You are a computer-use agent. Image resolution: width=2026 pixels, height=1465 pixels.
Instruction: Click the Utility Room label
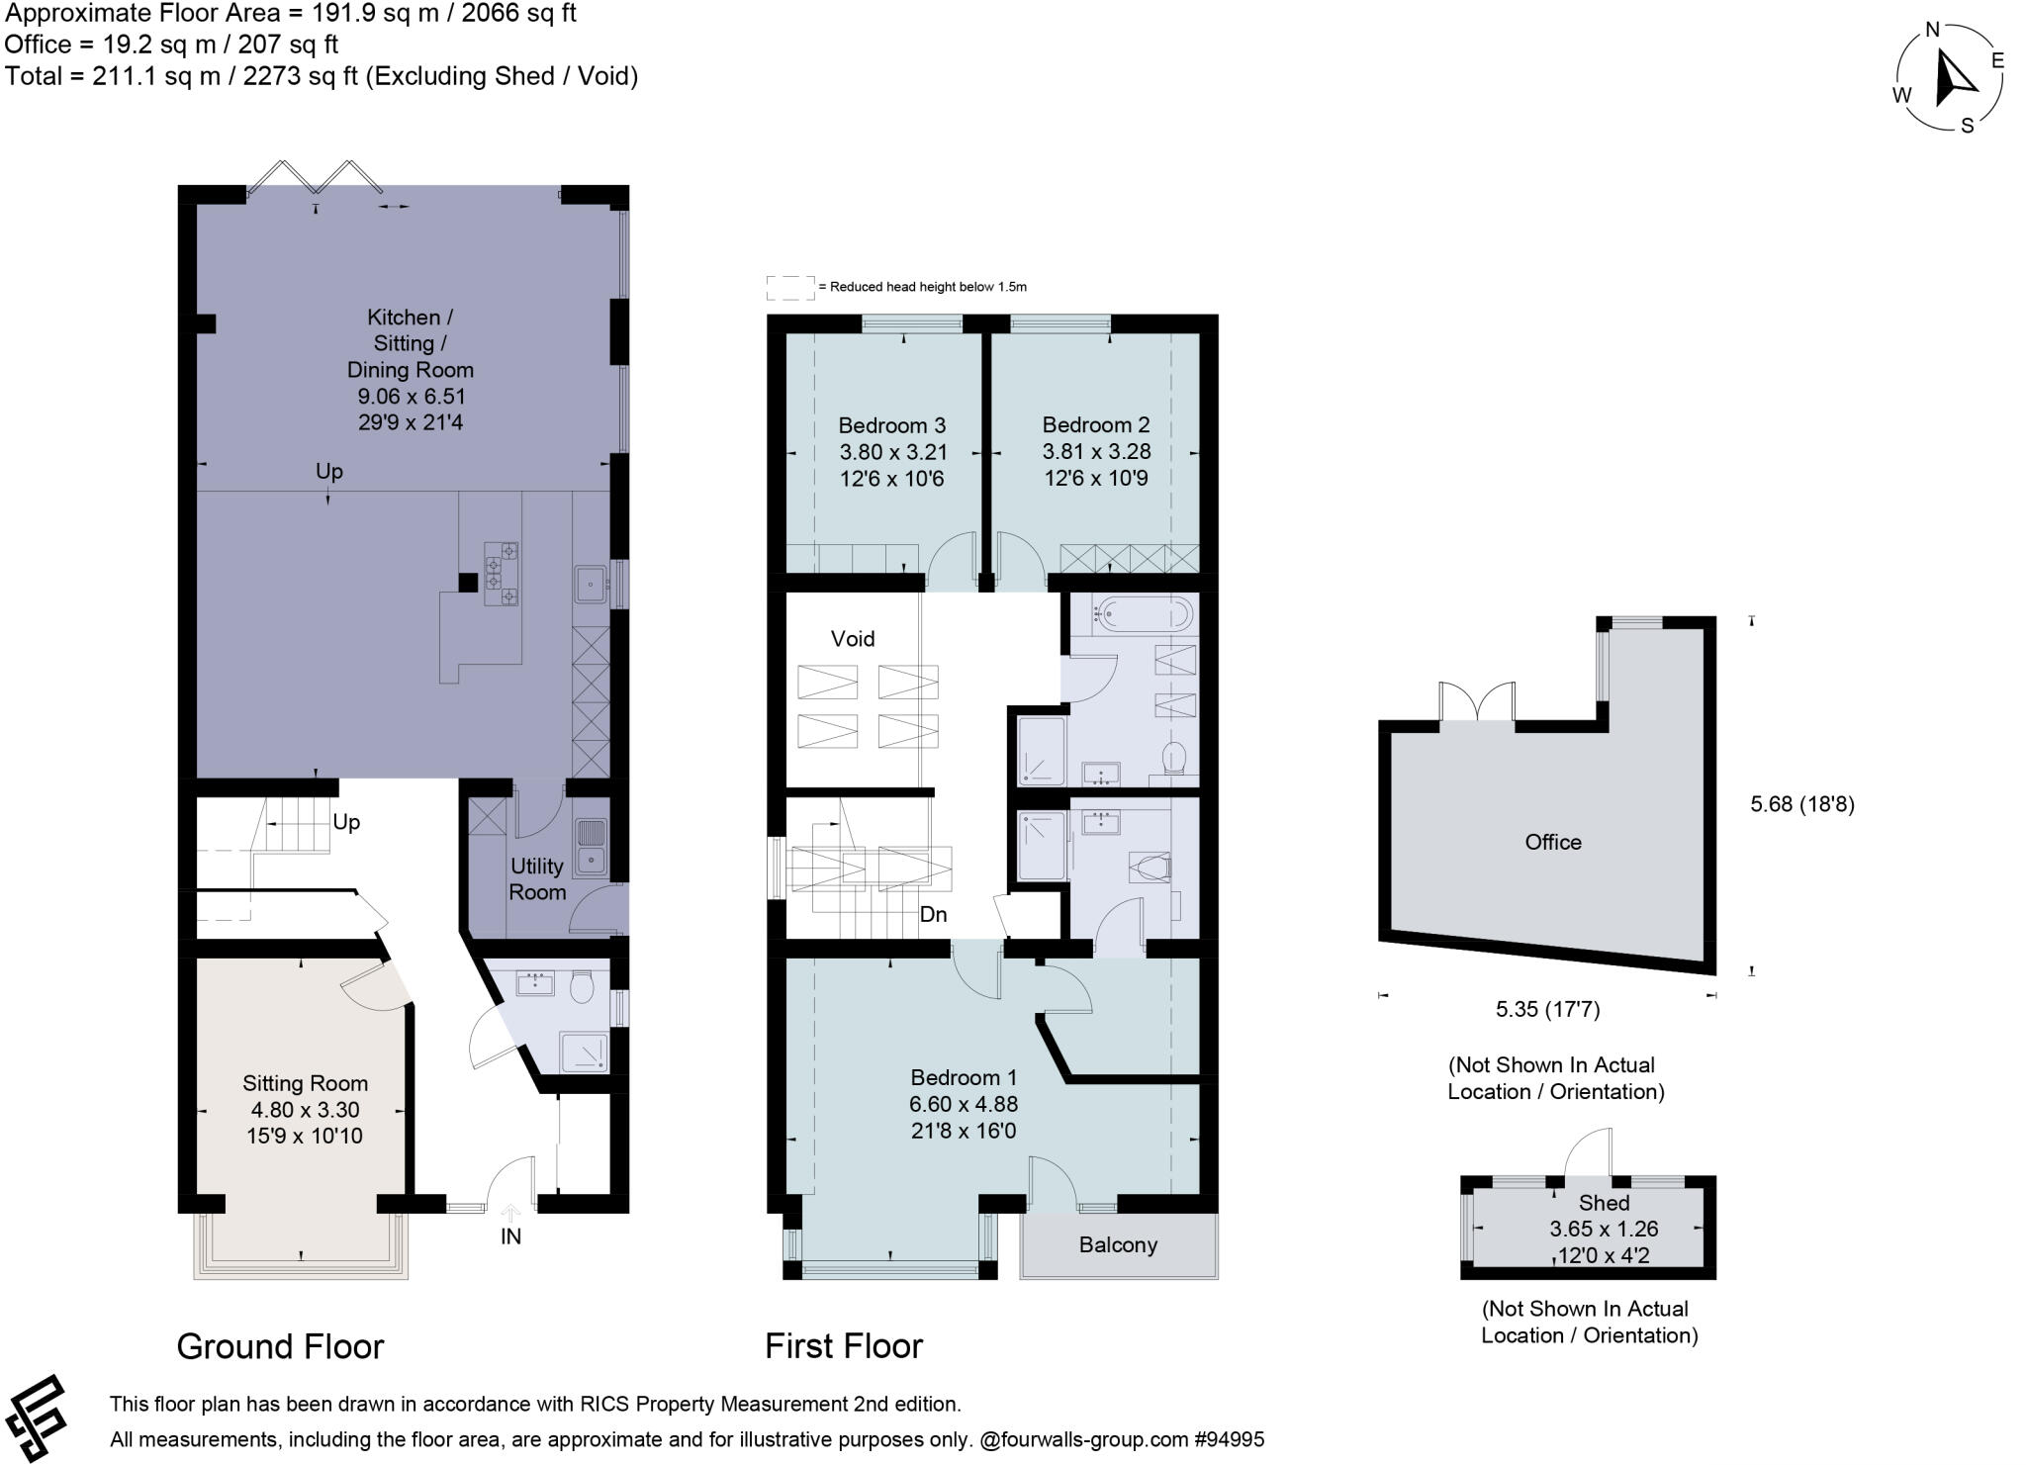click(537, 878)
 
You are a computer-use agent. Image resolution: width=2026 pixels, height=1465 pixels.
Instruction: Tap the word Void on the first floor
click(853, 639)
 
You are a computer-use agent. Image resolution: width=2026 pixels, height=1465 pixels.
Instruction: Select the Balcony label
click(1118, 1244)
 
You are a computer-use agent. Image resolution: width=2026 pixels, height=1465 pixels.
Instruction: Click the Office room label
click(1553, 842)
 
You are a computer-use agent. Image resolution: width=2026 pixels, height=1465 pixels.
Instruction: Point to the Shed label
click(1604, 1203)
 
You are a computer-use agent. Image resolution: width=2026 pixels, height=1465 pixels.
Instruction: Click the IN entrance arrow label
click(510, 1236)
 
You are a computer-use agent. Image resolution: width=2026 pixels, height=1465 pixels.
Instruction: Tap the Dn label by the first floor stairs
click(933, 914)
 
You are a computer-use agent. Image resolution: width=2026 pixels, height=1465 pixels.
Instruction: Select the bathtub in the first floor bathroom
click(1142, 614)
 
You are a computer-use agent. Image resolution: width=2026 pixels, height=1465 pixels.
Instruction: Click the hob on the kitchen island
click(502, 574)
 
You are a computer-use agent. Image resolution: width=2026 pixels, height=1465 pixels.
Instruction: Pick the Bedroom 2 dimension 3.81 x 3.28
click(1096, 451)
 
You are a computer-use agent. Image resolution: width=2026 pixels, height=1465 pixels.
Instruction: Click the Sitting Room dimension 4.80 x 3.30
click(305, 1110)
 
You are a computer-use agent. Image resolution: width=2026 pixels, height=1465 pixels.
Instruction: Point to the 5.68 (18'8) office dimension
click(1801, 804)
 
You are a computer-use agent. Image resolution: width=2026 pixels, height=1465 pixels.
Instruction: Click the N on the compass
click(1931, 30)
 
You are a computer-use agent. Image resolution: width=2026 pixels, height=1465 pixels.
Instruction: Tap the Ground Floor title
click(280, 1346)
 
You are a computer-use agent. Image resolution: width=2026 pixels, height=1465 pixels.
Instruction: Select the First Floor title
click(844, 1346)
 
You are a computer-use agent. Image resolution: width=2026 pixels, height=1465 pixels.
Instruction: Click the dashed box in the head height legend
click(790, 288)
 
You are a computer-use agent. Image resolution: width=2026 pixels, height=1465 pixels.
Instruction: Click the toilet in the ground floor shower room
click(581, 986)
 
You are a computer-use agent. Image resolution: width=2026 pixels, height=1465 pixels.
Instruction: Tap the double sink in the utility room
click(591, 847)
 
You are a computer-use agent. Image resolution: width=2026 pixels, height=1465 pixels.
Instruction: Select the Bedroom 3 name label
click(891, 425)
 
